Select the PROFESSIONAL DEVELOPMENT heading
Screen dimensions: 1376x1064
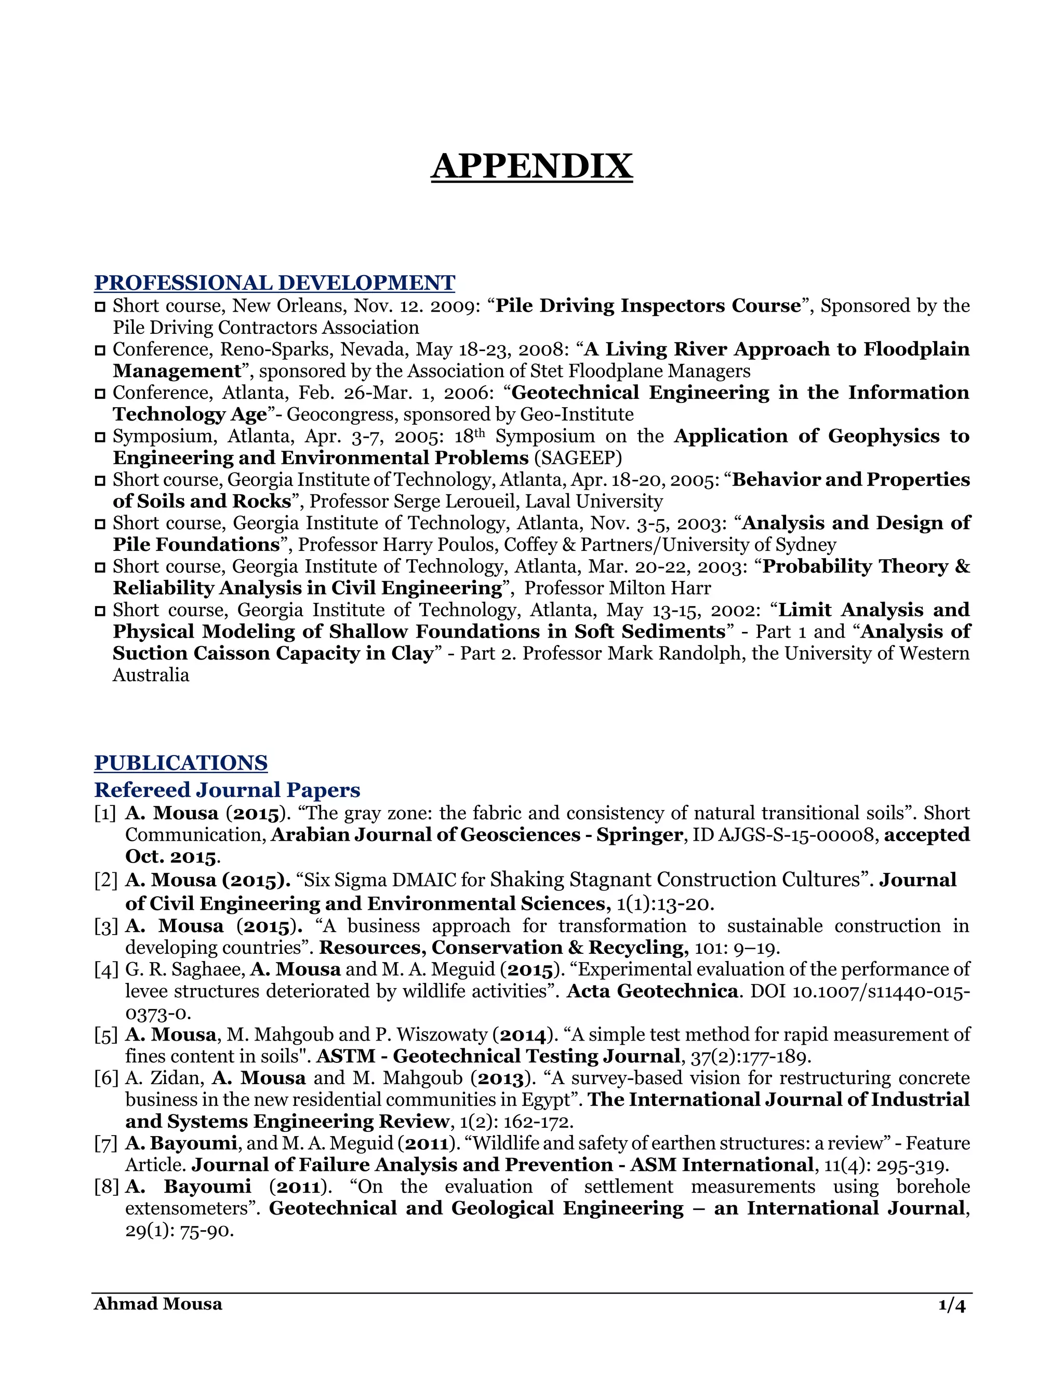[274, 282]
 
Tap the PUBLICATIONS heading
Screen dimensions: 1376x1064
[181, 762]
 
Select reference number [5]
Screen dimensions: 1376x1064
[106, 1034]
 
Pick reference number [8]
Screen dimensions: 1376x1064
[106, 1187]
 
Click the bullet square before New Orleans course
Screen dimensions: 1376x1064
[100, 307]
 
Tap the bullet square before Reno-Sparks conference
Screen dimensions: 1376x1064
[100, 350]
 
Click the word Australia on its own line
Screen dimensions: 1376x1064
[151, 676]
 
